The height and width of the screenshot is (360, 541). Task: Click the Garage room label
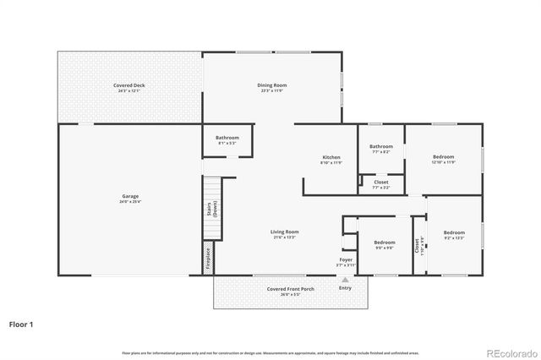[129, 196]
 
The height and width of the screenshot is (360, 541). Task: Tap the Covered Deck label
[129, 85]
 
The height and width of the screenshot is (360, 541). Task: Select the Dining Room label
[272, 85]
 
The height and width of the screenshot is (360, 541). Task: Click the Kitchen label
[331, 157]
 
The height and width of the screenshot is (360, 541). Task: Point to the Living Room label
[284, 232]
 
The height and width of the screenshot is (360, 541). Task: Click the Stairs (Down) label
[211, 210]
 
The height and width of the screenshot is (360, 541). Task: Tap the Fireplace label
[208, 257]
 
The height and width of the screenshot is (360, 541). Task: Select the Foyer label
[347, 259]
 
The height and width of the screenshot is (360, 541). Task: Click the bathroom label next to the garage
[227, 138]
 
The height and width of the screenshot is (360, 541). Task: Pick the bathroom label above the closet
[380, 146]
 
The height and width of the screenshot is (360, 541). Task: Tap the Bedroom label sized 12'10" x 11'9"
[444, 156]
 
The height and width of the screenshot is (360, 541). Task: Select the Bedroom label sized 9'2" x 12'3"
[454, 232]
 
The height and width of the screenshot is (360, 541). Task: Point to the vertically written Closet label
[417, 246]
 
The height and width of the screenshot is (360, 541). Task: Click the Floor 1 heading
[22, 323]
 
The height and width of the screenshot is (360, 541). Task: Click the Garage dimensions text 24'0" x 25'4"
[129, 202]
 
